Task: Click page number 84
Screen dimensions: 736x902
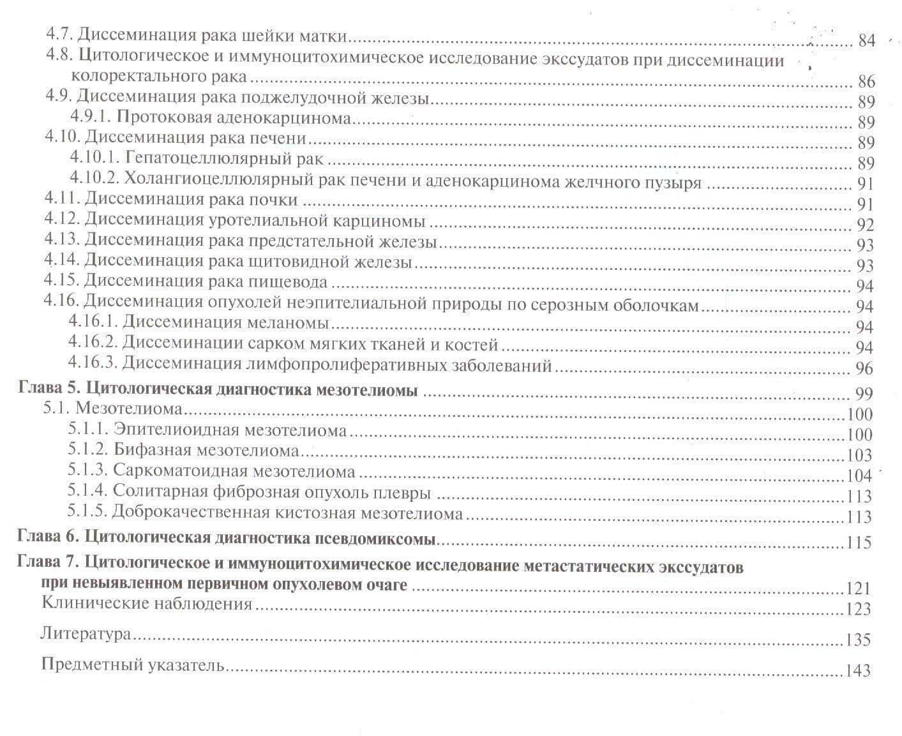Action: [866, 41]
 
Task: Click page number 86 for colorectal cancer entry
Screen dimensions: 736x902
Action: [866, 81]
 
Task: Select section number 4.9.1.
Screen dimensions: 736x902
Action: [91, 117]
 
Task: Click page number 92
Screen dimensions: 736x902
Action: [866, 225]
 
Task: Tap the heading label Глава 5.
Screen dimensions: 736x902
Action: [49, 389]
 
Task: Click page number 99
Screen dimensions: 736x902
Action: [864, 393]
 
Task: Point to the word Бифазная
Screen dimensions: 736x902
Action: [153, 450]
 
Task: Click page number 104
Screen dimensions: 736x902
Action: [859, 476]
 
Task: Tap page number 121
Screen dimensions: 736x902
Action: [858, 588]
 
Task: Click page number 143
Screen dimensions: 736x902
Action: [858, 670]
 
